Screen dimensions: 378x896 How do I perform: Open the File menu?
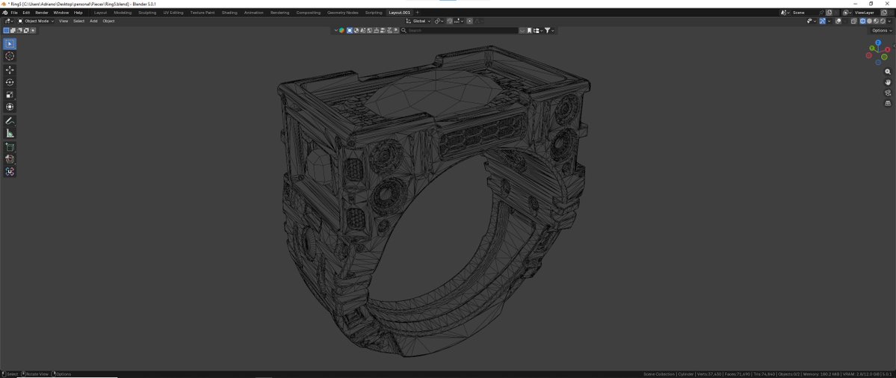[x=14, y=13]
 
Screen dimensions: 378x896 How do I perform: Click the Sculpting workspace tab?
[x=147, y=13]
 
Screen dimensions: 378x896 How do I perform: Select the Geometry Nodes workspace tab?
[x=342, y=13]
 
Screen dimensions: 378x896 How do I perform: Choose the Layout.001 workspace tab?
[x=399, y=13]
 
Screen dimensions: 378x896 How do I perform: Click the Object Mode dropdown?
[x=37, y=21]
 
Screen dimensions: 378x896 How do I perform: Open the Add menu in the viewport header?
[x=93, y=21]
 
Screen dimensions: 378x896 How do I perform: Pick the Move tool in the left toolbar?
[x=10, y=69]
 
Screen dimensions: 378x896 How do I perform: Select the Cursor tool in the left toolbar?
[x=10, y=56]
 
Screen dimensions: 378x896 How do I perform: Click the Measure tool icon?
[x=10, y=133]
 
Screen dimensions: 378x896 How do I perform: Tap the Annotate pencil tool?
[x=10, y=120]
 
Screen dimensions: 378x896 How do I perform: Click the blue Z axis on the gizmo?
[x=878, y=43]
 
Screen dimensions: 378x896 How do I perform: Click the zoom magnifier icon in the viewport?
[x=888, y=72]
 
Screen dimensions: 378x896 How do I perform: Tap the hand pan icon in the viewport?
[x=888, y=82]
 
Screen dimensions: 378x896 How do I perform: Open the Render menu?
[x=42, y=13]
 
